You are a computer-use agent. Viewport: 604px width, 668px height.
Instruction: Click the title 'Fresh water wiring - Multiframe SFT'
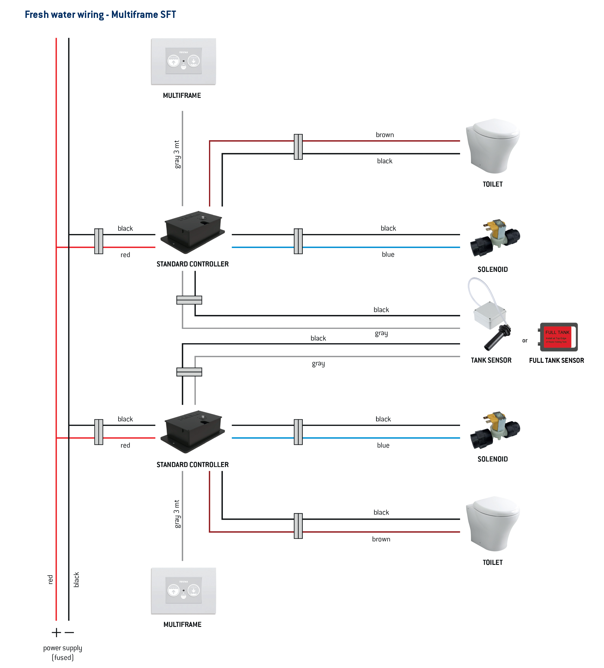click(100, 15)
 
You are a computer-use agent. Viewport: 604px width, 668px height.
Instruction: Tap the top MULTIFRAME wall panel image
click(183, 61)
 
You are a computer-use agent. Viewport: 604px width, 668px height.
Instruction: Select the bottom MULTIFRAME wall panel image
click(183, 591)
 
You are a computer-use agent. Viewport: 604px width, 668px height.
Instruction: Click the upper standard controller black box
click(193, 232)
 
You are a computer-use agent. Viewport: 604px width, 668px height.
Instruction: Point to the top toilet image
click(493, 146)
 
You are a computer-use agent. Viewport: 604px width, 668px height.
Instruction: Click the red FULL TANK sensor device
click(558, 337)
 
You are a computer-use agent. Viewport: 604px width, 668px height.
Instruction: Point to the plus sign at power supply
click(56, 632)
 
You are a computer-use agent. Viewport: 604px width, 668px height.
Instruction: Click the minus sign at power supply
click(69, 632)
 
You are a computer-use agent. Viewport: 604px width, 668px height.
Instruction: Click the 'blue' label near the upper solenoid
click(388, 254)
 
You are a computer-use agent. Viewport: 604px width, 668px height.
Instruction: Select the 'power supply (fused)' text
click(63, 652)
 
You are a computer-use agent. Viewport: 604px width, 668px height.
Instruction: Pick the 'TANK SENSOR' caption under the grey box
click(491, 360)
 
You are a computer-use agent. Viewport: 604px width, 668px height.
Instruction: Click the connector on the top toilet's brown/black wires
click(298, 147)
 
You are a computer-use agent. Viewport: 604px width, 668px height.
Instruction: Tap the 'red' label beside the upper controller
click(125, 255)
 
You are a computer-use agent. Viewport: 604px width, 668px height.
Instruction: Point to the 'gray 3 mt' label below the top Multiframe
click(177, 154)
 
